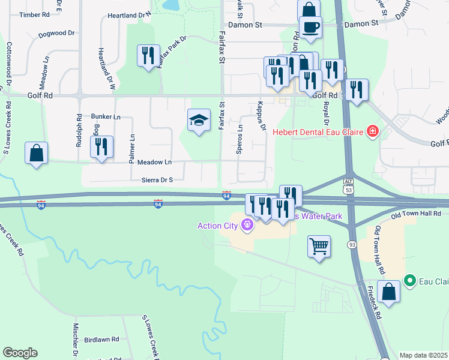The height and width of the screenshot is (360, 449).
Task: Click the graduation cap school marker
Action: (x=199, y=121)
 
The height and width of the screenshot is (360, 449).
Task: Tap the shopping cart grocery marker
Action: (x=319, y=245)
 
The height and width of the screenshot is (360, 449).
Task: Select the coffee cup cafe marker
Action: (x=310, y=27)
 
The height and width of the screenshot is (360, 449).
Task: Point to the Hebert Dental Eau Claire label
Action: (x=319, y=131)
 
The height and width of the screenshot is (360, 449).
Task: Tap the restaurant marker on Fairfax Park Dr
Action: (x=148, y=56)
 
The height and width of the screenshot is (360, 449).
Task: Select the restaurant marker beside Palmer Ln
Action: (x=101, y=146)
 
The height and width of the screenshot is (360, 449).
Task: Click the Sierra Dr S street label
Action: (x=157, y=179)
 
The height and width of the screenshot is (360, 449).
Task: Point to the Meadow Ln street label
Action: (x=154, y=162)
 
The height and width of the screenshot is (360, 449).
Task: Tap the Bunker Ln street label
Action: (x=106, y=116)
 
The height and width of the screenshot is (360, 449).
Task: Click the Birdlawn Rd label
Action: (x=101, y=340)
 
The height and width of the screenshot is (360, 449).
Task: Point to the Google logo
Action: (x=20, y=353)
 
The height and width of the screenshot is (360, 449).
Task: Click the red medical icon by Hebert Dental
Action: (x=372, y=131)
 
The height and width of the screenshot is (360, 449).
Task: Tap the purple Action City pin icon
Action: (x=246, y=226)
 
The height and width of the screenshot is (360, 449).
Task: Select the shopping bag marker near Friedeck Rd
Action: (x=388, y=292)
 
